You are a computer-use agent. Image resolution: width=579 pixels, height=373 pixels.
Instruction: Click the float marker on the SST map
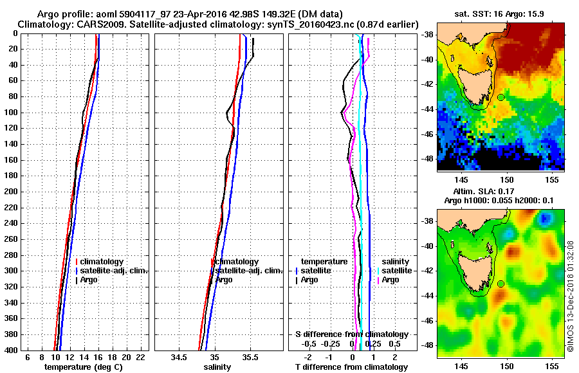501,97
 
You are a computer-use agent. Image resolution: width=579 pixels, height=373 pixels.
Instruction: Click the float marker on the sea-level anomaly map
501,284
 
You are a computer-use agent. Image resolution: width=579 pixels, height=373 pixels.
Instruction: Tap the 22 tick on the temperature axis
140,357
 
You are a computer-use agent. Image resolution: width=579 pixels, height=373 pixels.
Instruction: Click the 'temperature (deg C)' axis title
83,367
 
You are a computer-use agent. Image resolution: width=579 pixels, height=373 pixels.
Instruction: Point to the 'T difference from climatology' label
352,367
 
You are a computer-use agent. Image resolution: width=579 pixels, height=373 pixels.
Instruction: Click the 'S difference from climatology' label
352,334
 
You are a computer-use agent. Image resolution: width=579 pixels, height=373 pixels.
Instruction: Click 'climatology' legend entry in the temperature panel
100,262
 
